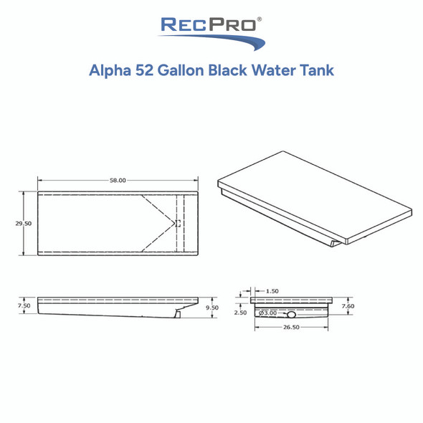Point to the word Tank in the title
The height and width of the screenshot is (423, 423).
[318, 72]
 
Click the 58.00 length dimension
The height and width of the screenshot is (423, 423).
[118, 181]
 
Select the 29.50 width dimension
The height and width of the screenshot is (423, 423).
[23, 223]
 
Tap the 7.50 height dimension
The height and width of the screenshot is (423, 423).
[23, 305]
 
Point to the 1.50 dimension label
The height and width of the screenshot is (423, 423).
[272, 291]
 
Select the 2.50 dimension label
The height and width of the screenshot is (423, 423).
[240, 313]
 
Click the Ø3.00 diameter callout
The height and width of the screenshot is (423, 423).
[268, 313]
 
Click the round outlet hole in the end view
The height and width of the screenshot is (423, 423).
[291, 314]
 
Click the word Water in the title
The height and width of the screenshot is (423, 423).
[280, 72]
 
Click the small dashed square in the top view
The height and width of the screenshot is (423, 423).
[178, 224]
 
